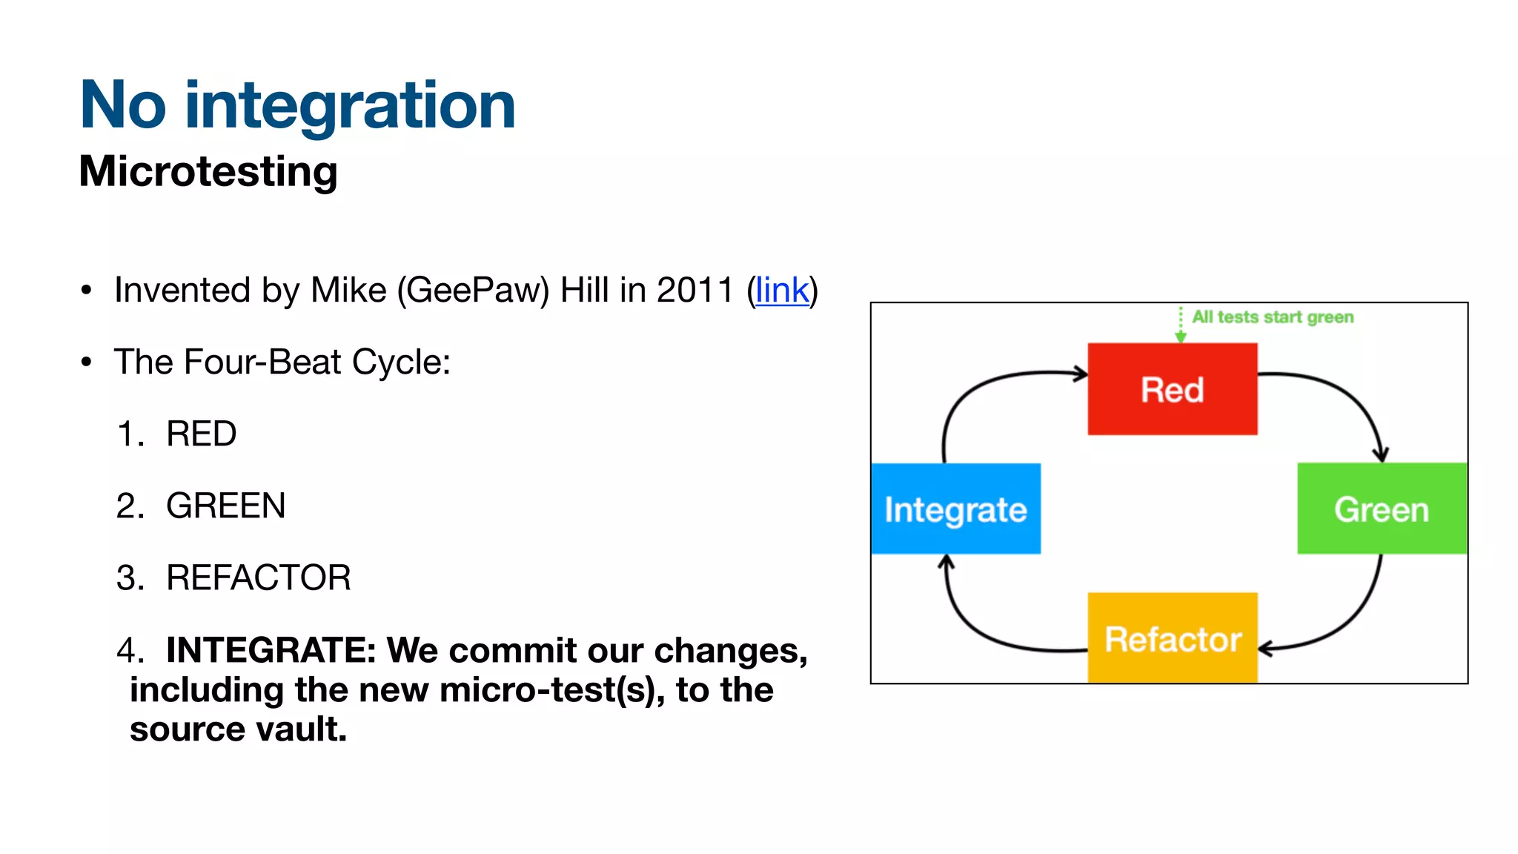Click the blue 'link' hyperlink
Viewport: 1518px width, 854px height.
[x=782, y=290]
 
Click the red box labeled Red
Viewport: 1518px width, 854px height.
[x=1172, y=389]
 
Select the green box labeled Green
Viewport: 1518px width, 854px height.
[x=1382, y=509]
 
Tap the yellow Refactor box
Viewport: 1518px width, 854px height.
[x=1172, y=638]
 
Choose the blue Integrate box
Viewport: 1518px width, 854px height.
[x=955, y=509]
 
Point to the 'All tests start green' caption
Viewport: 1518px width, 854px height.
[x=1272, y=317]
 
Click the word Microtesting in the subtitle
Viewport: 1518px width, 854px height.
[x=208, y=171]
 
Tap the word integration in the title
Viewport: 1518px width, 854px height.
[x=350, y=105]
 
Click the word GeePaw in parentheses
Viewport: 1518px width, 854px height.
[x=473, y=290]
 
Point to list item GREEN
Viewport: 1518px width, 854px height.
[x=225, y=506]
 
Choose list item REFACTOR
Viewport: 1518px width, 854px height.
[x=258, y=578]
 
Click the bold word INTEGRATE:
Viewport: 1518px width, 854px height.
[x=271, y=650]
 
